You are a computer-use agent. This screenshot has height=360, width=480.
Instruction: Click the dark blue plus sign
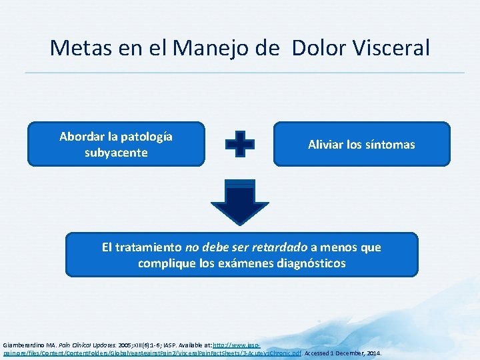239,143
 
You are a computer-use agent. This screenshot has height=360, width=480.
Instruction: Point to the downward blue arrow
239,203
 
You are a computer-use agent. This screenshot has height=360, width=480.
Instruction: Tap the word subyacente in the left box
116,153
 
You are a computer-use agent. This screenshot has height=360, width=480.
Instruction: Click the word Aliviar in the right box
327,145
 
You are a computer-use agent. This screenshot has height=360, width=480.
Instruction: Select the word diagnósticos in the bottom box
309,263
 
